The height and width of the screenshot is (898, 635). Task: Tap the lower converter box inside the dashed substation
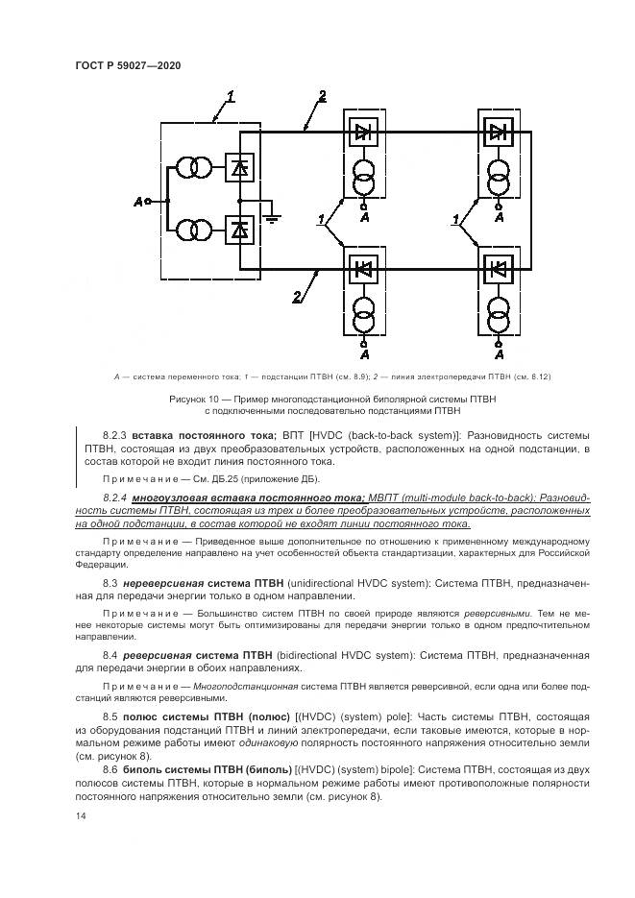coord(239,231)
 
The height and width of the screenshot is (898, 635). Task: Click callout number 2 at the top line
coord(322,94)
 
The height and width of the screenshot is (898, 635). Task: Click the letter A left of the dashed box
coord(138,202)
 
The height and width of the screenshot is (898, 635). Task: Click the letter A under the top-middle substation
coord(364,220)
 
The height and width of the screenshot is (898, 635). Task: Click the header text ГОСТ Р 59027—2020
coord(128,65)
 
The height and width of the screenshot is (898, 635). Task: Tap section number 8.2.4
coord(114,498)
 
